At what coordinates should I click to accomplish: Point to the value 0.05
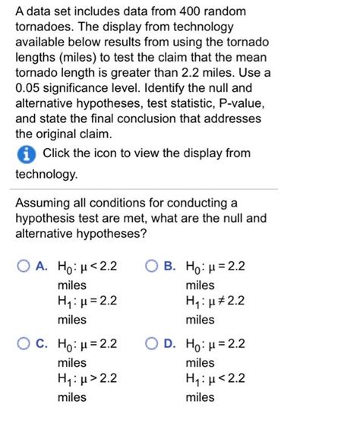click(31, 90)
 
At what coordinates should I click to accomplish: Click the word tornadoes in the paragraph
click(43, 30)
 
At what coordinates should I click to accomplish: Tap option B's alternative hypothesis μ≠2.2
click(216, 301)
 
